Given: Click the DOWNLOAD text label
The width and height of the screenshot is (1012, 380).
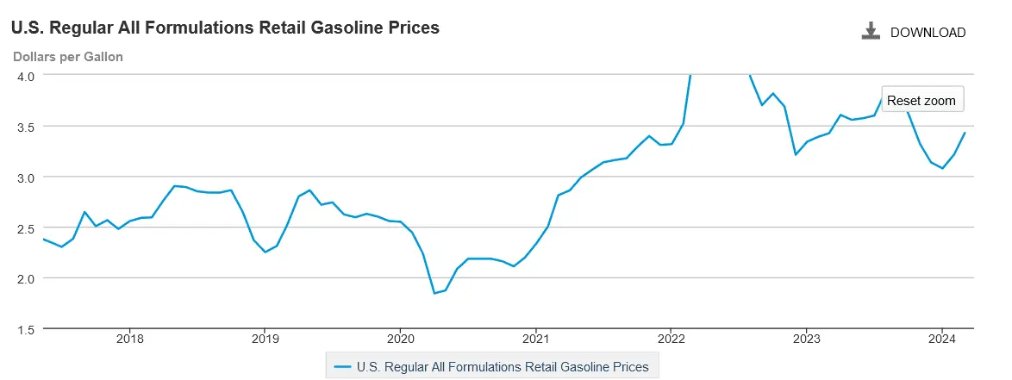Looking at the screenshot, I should [928, 33].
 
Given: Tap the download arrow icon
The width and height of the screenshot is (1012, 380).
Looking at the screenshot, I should [871, 32].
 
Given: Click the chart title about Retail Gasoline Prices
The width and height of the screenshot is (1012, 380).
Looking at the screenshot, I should [225, 28].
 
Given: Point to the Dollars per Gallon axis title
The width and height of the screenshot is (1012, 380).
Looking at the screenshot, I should [67, 57].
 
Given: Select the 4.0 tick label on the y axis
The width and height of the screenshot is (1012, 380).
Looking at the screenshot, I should [25, 76].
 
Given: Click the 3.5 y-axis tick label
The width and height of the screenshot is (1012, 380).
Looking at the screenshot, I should [25, 127].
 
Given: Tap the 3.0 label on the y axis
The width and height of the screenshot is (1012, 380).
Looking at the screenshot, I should [25, 178].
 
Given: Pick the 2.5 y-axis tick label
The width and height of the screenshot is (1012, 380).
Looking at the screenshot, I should [25, 227].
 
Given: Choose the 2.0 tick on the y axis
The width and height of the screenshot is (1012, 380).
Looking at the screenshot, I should [25, 278].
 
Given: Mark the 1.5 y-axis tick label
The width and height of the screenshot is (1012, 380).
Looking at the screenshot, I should [25, 329].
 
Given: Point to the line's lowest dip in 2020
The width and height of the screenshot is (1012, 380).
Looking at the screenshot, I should [434, 293].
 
